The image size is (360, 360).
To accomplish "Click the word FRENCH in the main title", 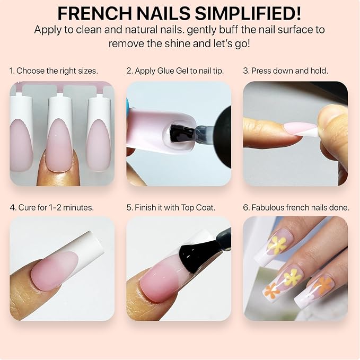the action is (95, 14).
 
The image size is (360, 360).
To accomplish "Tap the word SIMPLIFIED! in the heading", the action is (248, 14).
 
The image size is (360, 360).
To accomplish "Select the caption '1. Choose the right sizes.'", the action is (54, 71).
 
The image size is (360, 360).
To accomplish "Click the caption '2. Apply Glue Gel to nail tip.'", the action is (175, 71).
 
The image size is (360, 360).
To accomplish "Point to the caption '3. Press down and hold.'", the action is (286, 71).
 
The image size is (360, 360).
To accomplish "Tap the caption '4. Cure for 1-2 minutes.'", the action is (52, 207).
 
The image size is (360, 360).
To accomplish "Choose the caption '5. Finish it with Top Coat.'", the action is (171, 207).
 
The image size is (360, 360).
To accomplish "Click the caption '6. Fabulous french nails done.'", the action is (296, 207).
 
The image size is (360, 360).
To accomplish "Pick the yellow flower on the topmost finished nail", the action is (277, 245).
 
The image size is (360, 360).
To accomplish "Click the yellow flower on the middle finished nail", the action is (292, 277).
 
